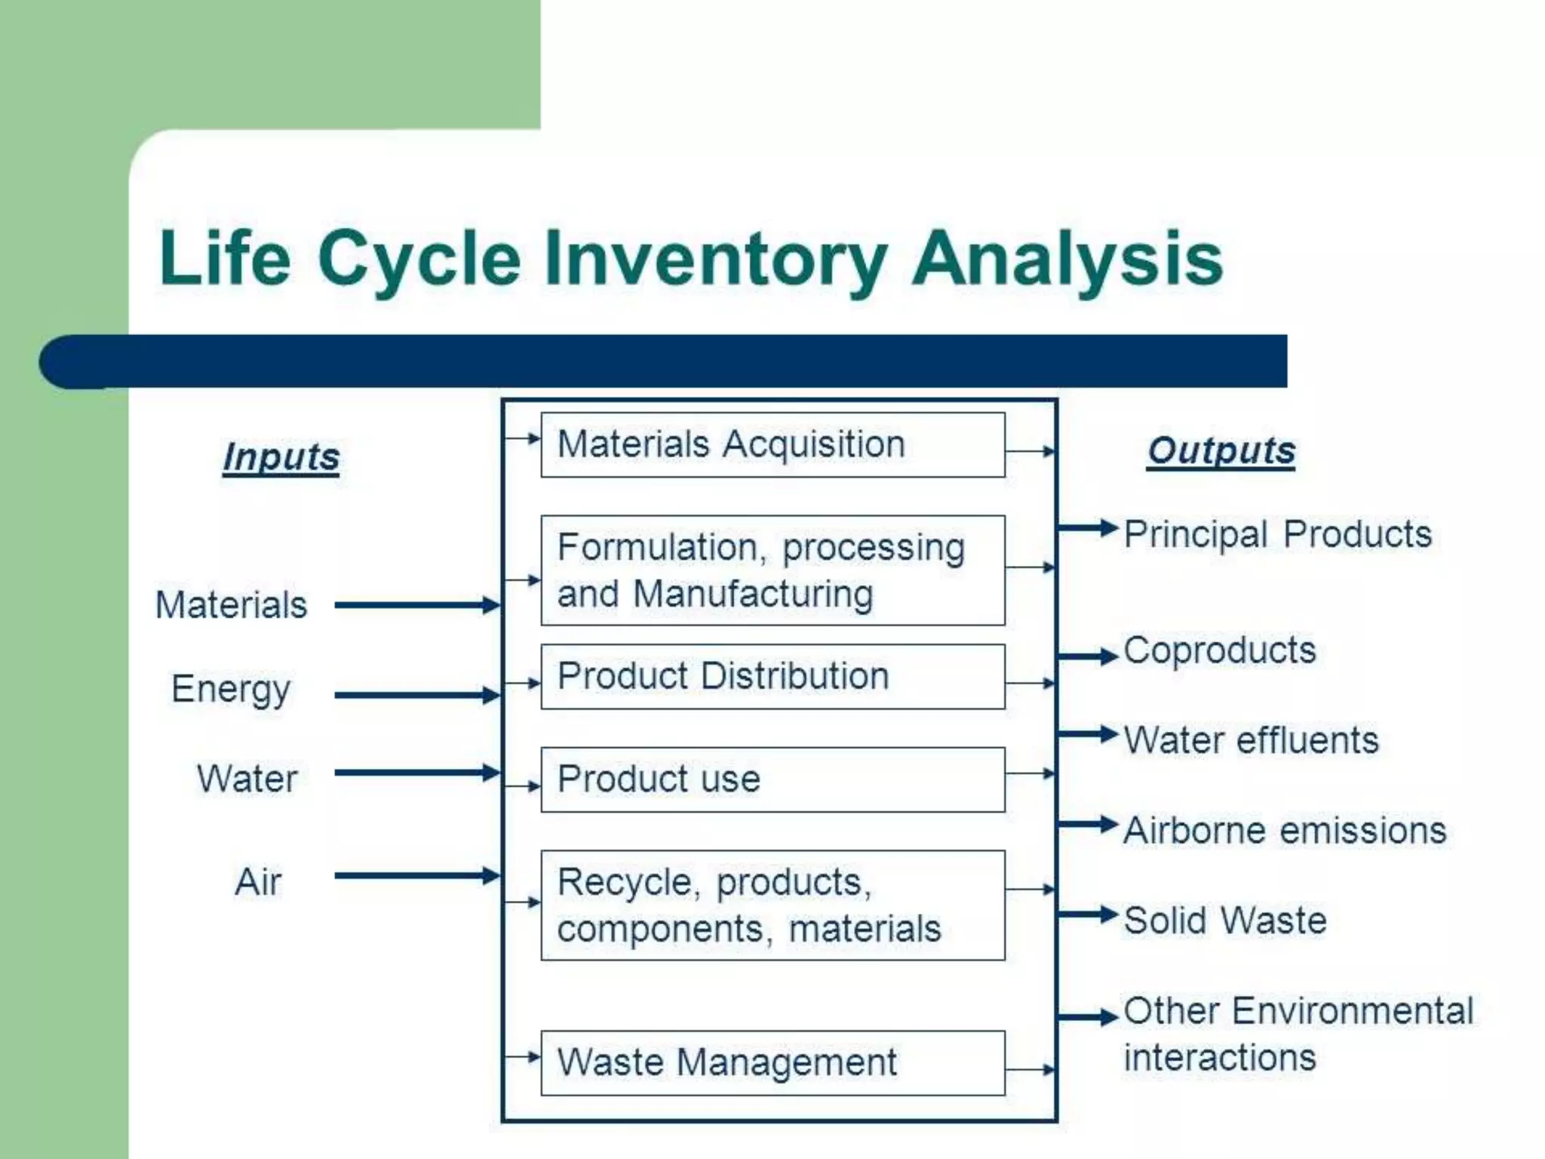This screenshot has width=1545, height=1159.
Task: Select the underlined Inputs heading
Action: (281, 457)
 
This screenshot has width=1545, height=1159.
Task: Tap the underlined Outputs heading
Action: (1221, 450)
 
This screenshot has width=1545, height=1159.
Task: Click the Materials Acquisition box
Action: (772, 444)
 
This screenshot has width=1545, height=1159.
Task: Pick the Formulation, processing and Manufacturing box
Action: (772, 570)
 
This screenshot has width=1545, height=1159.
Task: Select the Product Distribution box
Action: (772, 676)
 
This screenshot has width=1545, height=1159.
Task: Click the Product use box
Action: (772, 779)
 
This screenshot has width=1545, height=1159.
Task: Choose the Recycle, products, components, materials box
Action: (772, 905)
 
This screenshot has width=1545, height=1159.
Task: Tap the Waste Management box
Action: (772, 1062)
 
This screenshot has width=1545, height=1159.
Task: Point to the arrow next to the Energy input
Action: (416, 695)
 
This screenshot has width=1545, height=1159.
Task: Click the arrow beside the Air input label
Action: (416, 875)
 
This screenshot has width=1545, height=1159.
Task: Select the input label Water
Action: (247, 778)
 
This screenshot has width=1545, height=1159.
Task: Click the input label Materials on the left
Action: (231, 604)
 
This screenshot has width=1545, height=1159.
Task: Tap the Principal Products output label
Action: (1277, 534)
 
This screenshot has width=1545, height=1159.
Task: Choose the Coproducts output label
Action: (1219, 650)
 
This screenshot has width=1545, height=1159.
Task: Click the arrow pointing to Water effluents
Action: (1086, 733)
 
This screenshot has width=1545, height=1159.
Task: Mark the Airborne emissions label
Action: (1284, 830)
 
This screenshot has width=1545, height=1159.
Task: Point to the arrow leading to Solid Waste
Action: (1086, 915)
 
